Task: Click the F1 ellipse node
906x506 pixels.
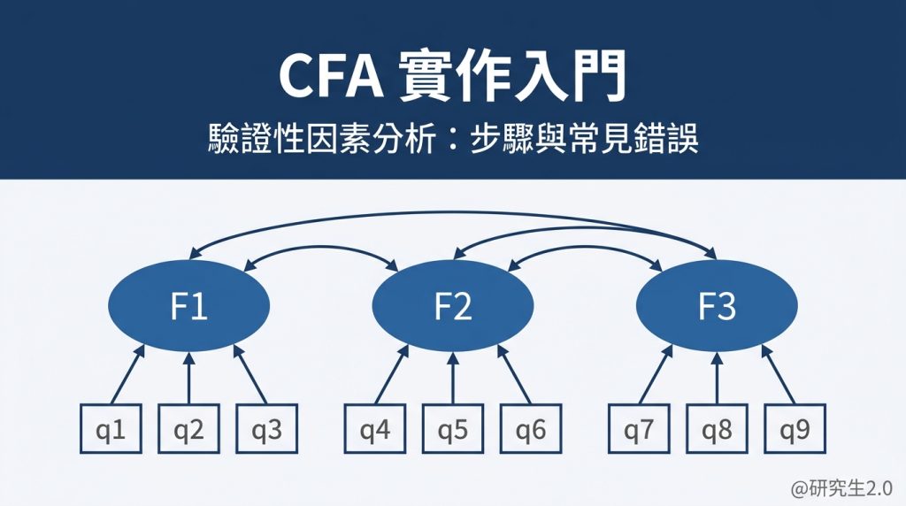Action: (188, 307)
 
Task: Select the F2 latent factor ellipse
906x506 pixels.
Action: (452, 307)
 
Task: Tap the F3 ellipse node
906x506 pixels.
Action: (717, 307)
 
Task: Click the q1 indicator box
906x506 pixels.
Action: (111, 431)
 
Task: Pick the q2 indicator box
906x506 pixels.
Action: (188, 431)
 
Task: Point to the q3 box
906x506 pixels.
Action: (266, 431)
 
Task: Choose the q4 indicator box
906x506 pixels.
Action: (374, 431)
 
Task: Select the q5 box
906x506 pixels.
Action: (452, 431)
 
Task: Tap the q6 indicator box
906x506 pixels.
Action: (530, 431)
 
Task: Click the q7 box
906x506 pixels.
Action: (639, 431)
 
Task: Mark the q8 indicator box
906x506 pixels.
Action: (717, 431)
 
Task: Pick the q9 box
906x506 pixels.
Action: (795, 431)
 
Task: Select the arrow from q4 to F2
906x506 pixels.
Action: (388, 379)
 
